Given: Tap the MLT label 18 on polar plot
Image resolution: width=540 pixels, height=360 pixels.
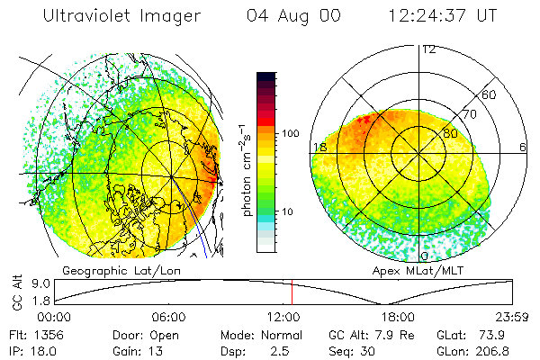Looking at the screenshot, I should coord(318,147).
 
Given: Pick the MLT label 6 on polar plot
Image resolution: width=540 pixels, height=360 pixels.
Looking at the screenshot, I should coord(522,147).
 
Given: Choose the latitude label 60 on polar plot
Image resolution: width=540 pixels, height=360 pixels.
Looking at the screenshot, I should coord(490,94).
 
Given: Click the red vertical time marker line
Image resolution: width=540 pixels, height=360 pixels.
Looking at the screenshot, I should coord(292,292).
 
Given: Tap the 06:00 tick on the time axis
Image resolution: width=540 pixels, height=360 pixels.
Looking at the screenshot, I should coord(168,317).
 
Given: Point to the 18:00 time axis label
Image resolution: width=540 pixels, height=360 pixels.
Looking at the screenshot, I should coord(398,317).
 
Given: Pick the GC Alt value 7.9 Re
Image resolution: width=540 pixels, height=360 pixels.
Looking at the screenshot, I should coord(398,334).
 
